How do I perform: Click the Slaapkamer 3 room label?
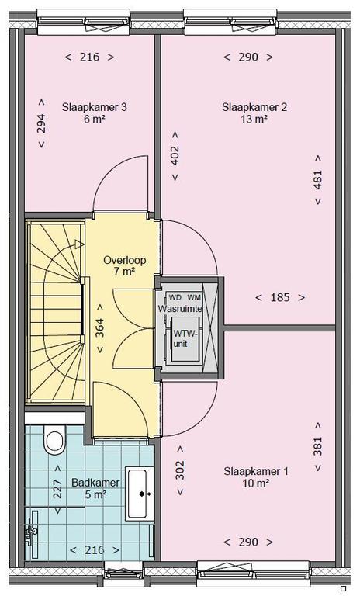(x=95, y=107)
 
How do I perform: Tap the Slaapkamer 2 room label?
(x=254, y=107)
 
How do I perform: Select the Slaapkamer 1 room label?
(x=256, y=472)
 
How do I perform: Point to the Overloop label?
(x=125, y=261)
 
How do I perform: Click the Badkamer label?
(x=95, y=483)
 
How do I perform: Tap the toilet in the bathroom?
(x=54, y=439)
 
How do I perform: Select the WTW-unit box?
(x=185, y=339)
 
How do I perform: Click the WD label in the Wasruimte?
(x=175, y=297)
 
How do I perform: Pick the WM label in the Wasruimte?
(x=195, y=297)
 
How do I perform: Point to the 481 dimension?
(x=318, y=179)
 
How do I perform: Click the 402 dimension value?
(x=175, y=156)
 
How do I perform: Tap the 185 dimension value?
(x=280, y=298)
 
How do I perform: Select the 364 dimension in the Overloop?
(x=99, y=328)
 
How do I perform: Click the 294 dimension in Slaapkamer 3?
(x=41, y=123)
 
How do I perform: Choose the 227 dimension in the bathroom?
(x=57, y=489)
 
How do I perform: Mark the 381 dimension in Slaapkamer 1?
(x=318, y=446)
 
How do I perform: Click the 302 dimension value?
(x=180, y=470)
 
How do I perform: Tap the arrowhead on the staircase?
(x=80, y=244)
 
